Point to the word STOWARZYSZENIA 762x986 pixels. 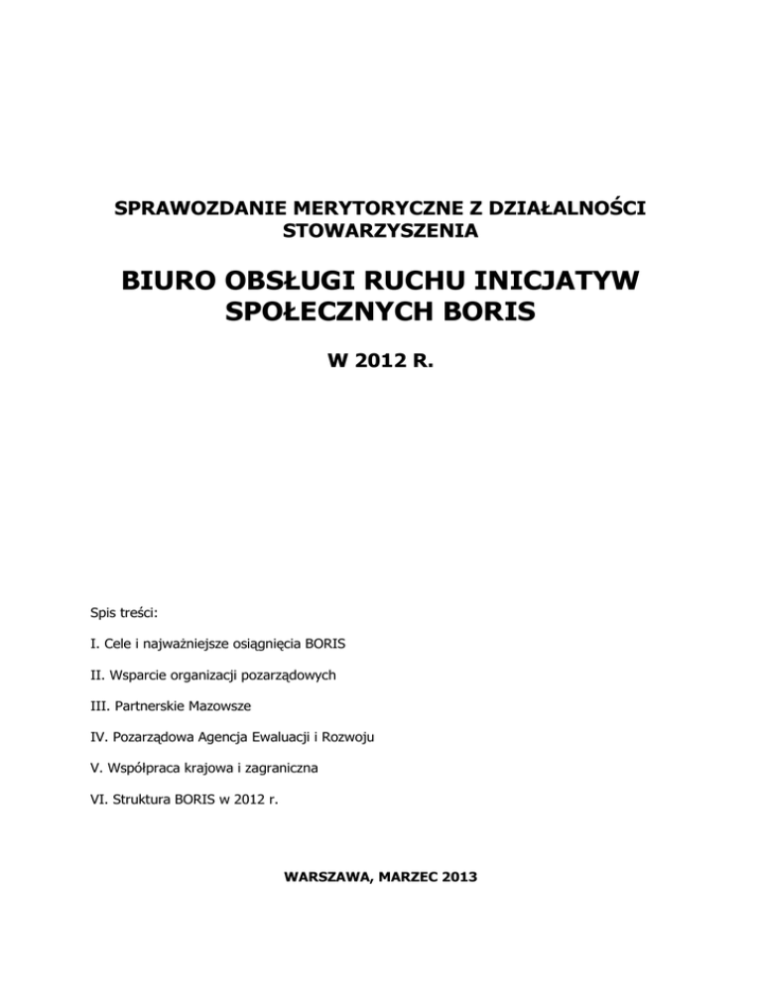coord(381,234)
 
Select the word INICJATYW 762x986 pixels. coord(560,286)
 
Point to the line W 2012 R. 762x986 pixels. coord(381,383)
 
